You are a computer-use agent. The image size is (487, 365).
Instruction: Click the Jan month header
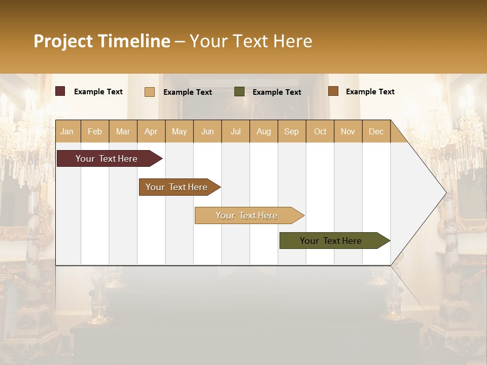[x=67, y=132]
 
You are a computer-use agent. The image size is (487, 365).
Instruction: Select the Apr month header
[x=151, y=132]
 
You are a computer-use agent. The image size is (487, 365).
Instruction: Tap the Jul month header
[x=236, y=132]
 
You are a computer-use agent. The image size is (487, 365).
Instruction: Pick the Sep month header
[x=292, y=132]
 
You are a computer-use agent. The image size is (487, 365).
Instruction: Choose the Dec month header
[x=376, y=132]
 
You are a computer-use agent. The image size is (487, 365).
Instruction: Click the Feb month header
[x=95, y=132]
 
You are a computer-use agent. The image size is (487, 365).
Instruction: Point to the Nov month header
[x=348, y=132]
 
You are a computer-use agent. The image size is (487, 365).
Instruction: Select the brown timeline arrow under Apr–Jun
[x=178, y=187]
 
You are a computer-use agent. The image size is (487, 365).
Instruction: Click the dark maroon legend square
[x=60, y=91]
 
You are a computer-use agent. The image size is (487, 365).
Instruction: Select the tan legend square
[x=150, y=92]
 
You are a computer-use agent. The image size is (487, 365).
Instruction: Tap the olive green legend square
[x=239, y=92]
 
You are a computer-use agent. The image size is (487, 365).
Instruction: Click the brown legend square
[x=333, y=91]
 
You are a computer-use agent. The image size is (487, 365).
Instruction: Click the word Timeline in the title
[x=134, y=41]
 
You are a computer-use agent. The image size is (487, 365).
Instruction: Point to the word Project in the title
[x=63, y=41]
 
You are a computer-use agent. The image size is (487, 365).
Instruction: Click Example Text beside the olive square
[x=276, y=92]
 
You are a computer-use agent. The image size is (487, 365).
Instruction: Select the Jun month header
[x=207, y=132]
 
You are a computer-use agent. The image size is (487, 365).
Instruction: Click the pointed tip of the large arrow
[x=444, y=193]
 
